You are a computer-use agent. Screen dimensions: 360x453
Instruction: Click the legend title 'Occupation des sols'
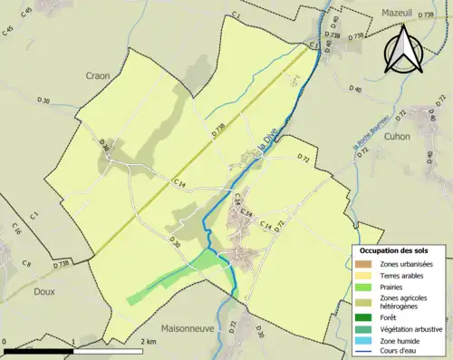[400, 250]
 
